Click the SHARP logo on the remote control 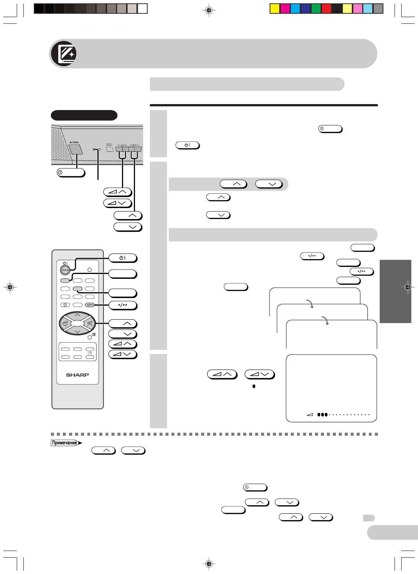click(x=77, y=375)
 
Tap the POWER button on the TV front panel click(x=75, y=149)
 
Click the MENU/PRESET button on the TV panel click(x=110, y=149)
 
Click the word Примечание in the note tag click(x=65, y=443)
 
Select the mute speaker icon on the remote click(x=94, y=335)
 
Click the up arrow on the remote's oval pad click(x=77, y=315)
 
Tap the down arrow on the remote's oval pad click(x=77, y=331)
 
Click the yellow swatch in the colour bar click(x=274, y=9)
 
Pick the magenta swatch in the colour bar click(x=285, y=9)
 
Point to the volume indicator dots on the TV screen click(x=343, y=415)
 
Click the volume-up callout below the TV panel click(x=118, y=192)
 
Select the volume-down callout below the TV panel click(x=118, y=203)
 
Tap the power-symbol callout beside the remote click(x=123, y=258)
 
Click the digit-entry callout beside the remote click(x=123, y=305)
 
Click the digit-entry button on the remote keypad click(x=90, y=305)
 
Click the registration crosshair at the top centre click(x=209, y=10)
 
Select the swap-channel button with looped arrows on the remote click(x=65, y=305)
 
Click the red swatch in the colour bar click(x=326, y=9)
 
